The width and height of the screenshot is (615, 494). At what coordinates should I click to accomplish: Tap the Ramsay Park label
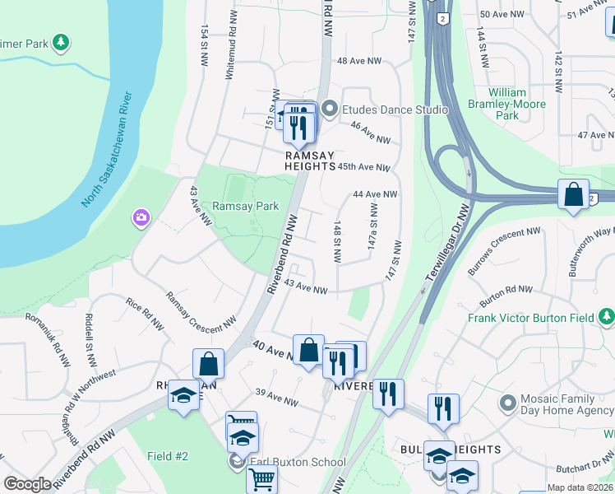point(245,206)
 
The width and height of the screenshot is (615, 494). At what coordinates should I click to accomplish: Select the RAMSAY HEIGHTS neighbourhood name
point(310,160)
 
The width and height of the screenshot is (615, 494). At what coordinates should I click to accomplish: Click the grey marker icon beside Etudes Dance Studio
point(331,110)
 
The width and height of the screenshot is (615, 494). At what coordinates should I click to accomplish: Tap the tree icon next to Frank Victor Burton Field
point(606,317)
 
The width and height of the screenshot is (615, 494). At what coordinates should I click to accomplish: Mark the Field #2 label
point(168,456)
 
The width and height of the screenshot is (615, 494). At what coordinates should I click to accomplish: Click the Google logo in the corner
point(27,484)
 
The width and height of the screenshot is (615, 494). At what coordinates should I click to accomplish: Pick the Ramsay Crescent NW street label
point(201,313)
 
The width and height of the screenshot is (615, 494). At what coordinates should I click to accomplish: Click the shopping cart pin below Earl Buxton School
point(261,478)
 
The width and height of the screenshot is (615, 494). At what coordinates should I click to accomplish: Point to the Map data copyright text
point(580,487)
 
